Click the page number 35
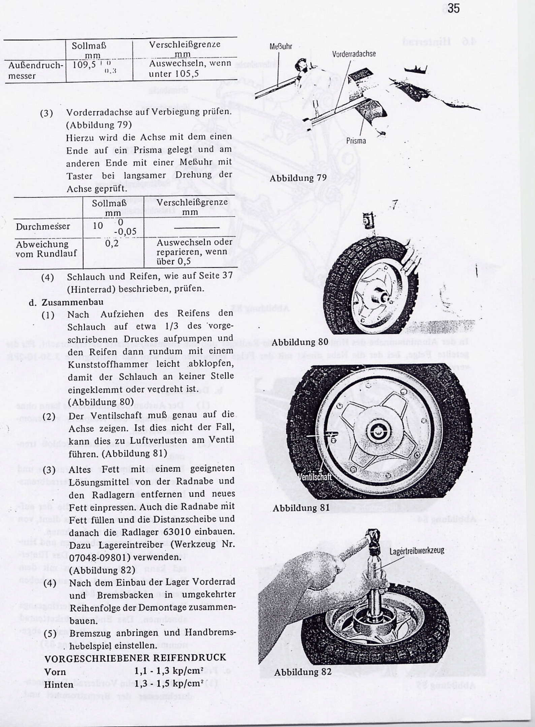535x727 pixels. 453,8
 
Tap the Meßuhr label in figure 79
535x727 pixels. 280,47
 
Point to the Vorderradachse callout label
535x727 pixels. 353,54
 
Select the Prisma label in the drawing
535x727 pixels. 356,141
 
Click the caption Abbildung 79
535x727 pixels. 298,178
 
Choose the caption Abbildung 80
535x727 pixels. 300,342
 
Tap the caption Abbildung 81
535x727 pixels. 301,508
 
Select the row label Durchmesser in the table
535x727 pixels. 43,226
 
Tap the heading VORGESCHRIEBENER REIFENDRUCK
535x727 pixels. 135,658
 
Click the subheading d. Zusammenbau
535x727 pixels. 66,302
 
